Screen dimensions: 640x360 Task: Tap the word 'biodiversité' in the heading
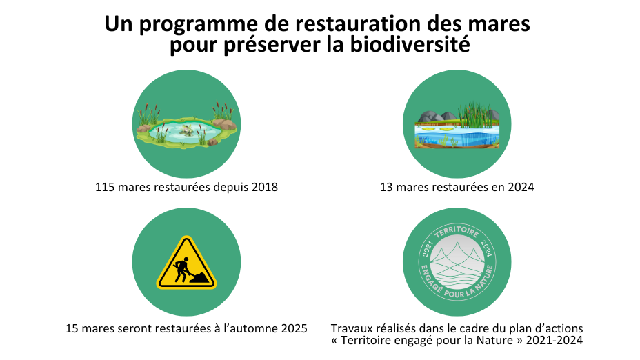(410, 45)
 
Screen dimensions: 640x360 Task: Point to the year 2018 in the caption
(265, 187)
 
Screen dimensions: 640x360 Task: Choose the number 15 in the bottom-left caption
(72, 328)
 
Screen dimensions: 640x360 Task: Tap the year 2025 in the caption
(294, 328)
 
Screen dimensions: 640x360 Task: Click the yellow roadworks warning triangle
(186, 263)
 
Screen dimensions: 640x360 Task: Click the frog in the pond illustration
(186, 130)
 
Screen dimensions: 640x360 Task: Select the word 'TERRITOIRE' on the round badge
(457, 232)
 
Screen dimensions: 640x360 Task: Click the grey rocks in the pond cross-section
(434, 116)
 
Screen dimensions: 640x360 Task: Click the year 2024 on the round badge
(486, 248)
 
